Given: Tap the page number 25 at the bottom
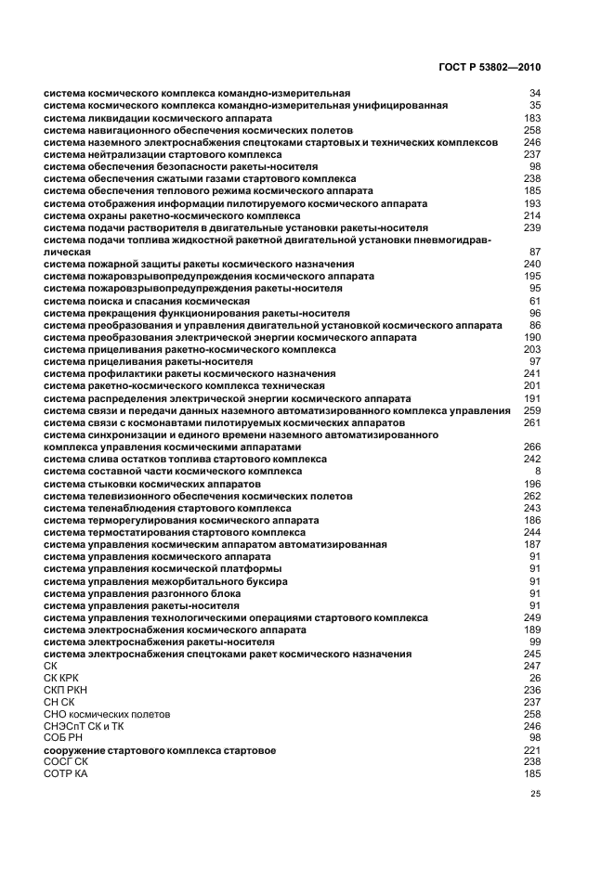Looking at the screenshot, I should [x=535, y=794].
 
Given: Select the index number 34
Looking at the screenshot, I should [x=535, y=93].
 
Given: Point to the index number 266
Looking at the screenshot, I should [x=532, y=447].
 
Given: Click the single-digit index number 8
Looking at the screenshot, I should [x=538, y=472].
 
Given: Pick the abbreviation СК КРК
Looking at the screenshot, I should [x=61, y=678].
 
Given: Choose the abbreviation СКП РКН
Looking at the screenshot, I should [x=64, y=690].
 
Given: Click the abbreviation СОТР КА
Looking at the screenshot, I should [x=64, y=772].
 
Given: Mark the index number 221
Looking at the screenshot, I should [x=532, y=749].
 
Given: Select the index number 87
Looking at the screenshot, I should [x=535, y=252].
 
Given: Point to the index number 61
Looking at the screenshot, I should [x=535, y=301].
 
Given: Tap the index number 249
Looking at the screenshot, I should [x=532, y=617].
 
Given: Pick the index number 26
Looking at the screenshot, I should [x=535, y=678].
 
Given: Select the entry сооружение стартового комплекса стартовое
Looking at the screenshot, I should [x=160, y=749].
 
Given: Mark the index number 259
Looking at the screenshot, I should [x=532, y=410].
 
